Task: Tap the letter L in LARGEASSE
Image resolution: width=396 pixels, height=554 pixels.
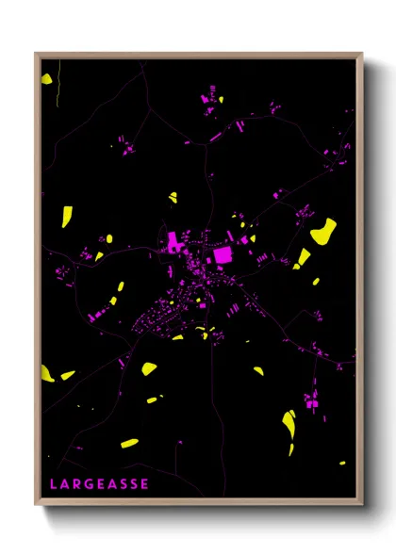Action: pyautogui.click(x=54, y=484)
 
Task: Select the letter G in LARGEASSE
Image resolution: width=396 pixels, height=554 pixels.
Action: pyautogui.click(x=88, y=484)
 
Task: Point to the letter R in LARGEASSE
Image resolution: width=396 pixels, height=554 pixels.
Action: pyautogui.click(x=76, y=484)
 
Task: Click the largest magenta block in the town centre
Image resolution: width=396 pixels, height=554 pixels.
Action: pyautogui.click(x=223, y=253)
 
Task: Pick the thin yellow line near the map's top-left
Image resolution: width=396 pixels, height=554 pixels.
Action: pyautogui.click(x=58, y=85)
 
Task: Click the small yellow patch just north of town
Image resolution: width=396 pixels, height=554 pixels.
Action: pyautogui.click(x=173, y=198)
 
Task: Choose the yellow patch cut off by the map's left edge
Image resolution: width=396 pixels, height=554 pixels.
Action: pyautogui.click(x=46, y=374)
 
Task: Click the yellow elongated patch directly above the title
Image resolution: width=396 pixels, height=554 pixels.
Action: pyautogui.click(x=130, y=443)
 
